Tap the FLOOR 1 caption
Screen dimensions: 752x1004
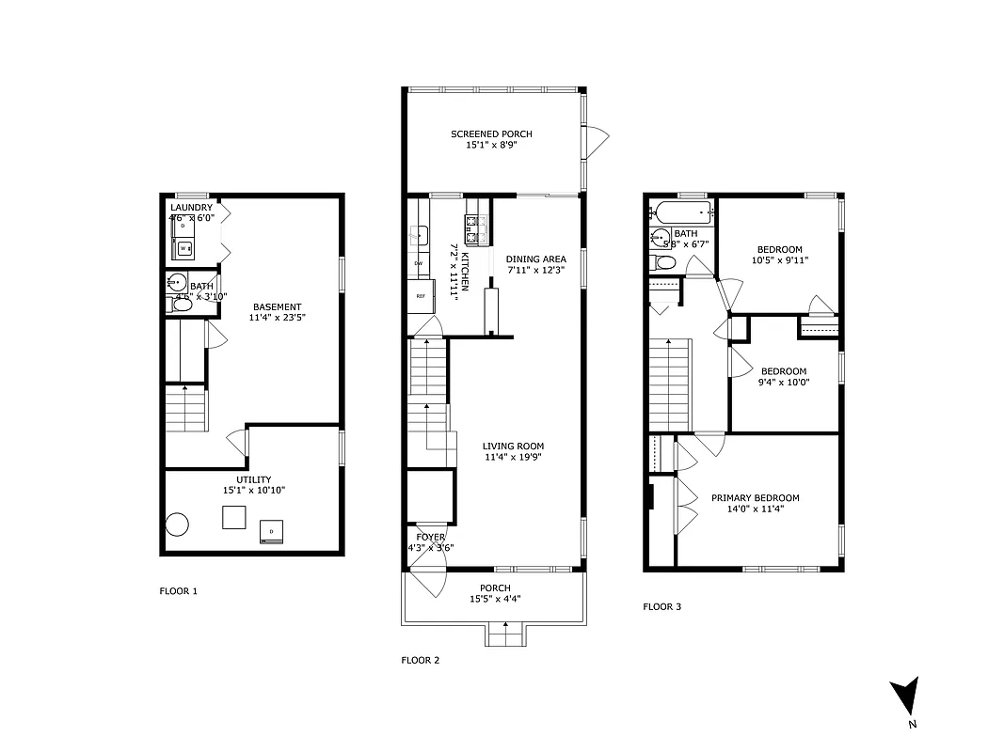pos(179,591)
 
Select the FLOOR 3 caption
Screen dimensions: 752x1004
pos(661,606)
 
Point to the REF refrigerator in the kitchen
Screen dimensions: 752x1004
pos(421,296)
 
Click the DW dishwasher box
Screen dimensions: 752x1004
pos(419,263)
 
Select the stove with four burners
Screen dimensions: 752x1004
pos(477,225)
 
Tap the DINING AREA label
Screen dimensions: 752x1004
pos(535,259)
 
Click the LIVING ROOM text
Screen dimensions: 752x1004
pos(513,446)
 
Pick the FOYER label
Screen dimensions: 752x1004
pos(425,537)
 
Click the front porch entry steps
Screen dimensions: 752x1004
pos(505,635)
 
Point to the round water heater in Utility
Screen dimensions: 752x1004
pos(179,525)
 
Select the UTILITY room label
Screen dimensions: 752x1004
pos(253,479)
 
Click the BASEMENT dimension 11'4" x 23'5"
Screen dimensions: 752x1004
pos(277,318)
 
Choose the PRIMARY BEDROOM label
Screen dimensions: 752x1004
pos(755,498)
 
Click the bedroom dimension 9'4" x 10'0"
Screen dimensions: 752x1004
pos(785,382)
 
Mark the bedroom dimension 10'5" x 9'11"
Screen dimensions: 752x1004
pos(779,260)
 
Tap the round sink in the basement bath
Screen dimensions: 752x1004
pos(176,282)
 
